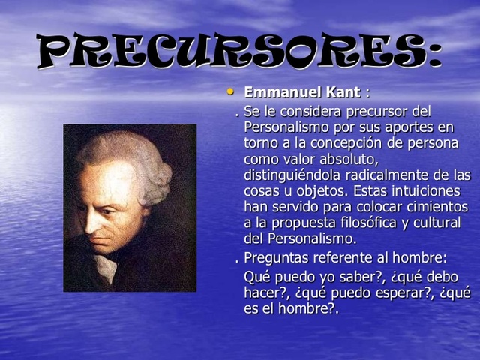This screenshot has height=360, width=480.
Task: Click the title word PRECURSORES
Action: point(238,52)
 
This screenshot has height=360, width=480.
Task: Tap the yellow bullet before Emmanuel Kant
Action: point(231,91)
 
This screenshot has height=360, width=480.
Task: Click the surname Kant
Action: point(343,92)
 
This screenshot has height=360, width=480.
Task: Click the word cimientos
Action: point(435,207)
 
